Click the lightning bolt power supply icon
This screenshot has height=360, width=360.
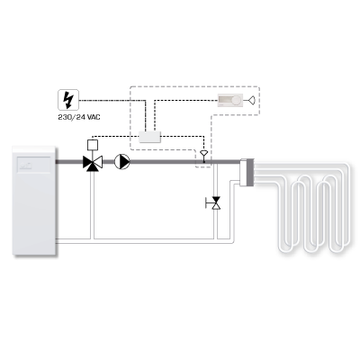point(68,100)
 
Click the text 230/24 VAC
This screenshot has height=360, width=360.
point(79,117)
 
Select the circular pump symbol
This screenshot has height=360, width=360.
point(122,162)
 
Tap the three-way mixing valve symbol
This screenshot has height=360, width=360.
point(93,163)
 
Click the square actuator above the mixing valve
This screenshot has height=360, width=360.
point(93,145)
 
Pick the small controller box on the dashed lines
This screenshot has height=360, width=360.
point(149,137)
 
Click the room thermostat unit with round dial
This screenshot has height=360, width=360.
point(230,101)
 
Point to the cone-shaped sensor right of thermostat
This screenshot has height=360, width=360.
point(252,101)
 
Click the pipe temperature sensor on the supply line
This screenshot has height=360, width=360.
point(204,156)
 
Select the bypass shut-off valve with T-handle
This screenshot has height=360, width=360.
point(213,202)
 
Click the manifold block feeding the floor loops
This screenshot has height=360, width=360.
point(247,173)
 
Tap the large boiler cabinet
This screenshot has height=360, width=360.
point(34,201)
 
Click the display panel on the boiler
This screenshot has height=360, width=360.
point(33,165)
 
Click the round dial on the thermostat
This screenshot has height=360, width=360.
point(237,101)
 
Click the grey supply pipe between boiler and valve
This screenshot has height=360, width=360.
point(69,162)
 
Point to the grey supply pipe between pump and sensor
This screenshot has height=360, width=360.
point(166,162)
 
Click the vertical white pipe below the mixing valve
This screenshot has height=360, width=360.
point(93,205)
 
